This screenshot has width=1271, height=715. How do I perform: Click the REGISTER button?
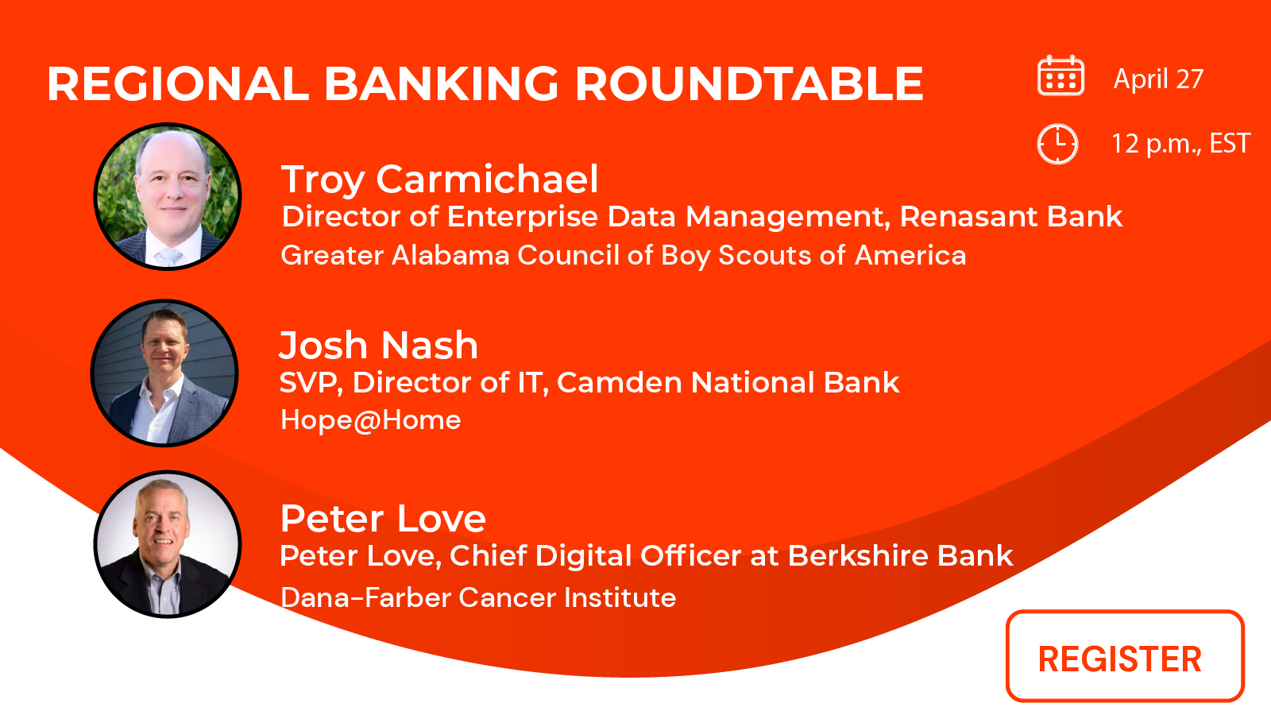[1124, 656]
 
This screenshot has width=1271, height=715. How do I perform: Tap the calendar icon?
[1060, 77]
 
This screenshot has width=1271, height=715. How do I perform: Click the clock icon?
[1057, 144]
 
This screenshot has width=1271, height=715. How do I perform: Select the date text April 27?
[1158, 79]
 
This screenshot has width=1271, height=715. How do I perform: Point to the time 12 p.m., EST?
[1180, 144]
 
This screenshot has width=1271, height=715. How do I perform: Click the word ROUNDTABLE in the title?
[748, 84]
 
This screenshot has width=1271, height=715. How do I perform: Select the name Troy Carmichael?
[439, 180]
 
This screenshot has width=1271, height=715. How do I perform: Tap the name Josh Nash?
[378, 346]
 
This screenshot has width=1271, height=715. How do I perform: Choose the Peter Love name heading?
[383, 519]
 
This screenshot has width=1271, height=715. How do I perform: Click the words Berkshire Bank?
[900, 556]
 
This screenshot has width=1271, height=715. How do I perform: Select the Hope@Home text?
[370, 419]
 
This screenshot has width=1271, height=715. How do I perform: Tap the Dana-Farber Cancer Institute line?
[478, 597]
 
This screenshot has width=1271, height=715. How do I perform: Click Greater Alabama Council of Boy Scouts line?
[623, 256]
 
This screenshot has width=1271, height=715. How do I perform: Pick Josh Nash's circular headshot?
[165, 372]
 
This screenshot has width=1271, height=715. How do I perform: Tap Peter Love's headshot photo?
[167, 544]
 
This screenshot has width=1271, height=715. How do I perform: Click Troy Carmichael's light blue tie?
[168, 256]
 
